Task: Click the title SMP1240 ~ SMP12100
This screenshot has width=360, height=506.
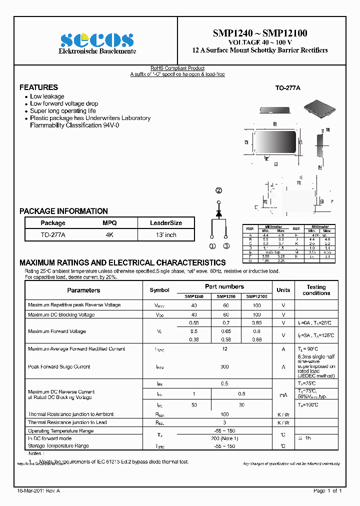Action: (x=260, y=33)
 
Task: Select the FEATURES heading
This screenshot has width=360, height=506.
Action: (x=38, y=87)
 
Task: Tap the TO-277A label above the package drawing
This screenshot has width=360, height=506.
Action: (x=287, y=88)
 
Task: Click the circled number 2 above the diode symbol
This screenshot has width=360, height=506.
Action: (x=218, y=190)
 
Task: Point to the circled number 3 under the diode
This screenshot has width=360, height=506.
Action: (x=226, y=246)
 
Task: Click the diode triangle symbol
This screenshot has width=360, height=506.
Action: (x=218, y=213)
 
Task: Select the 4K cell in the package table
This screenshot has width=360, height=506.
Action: (x=109, y=235)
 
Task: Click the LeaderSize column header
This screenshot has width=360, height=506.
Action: (x=166, y=223)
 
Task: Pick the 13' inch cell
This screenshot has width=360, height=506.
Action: (x=166, y=235)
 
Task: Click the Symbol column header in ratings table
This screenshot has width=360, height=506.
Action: (x=159, y=290)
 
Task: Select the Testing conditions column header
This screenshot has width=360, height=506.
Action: (x=316, y=290)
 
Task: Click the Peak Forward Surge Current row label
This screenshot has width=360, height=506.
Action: (x=59, y=366)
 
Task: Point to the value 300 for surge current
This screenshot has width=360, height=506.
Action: (x=225, y=366)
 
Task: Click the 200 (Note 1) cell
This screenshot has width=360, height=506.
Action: (x=225, y=438)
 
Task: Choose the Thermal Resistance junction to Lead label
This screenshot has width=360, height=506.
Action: (x=67, y=422)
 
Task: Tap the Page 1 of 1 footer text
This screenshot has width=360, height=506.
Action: (x=327, y=491)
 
